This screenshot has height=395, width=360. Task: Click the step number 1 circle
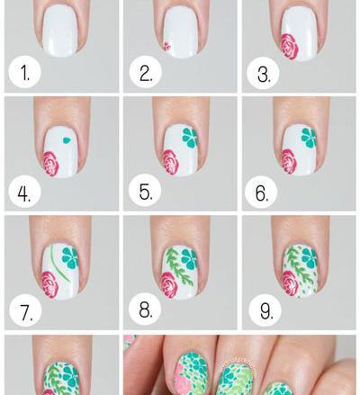coord(24,73)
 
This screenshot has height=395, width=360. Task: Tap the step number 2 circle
coord(146,73)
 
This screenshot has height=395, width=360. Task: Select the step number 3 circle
coord(263,74)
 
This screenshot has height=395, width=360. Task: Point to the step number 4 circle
coord(24,193)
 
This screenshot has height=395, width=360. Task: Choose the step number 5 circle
coord(145,191)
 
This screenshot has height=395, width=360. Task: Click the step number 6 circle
coord(261,193)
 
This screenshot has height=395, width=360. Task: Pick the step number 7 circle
coord(25,311)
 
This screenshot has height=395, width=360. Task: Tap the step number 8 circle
coord(145,310)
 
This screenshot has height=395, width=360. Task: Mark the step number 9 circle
coord(265,310)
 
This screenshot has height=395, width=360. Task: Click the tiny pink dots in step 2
coord(166,47)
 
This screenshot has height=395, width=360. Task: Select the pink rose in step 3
coord(289,47)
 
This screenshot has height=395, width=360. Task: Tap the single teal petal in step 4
coord(66,139)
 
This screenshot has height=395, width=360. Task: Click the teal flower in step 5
coord(190,138)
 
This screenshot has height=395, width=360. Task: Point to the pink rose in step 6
coord(289,162)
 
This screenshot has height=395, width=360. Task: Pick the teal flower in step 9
coord(310,258)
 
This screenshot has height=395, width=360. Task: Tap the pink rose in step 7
coord(49,283)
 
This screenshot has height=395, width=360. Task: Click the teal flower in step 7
coord(70,258)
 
